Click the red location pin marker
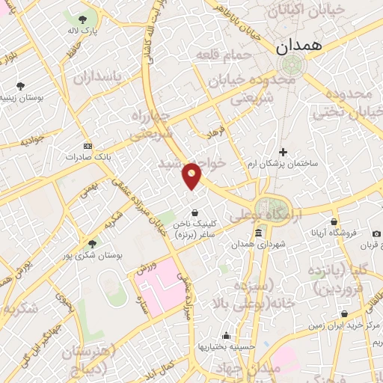pos(192,174)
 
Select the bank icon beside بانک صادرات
pos(88,145)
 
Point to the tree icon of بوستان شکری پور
pos(93,243)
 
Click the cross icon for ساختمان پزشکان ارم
pos(283,152)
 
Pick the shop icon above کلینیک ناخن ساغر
pos(194,212)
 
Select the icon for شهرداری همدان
pos(258,234)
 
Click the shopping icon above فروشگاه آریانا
pos(334,221)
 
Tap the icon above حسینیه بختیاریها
pos(225,336)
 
